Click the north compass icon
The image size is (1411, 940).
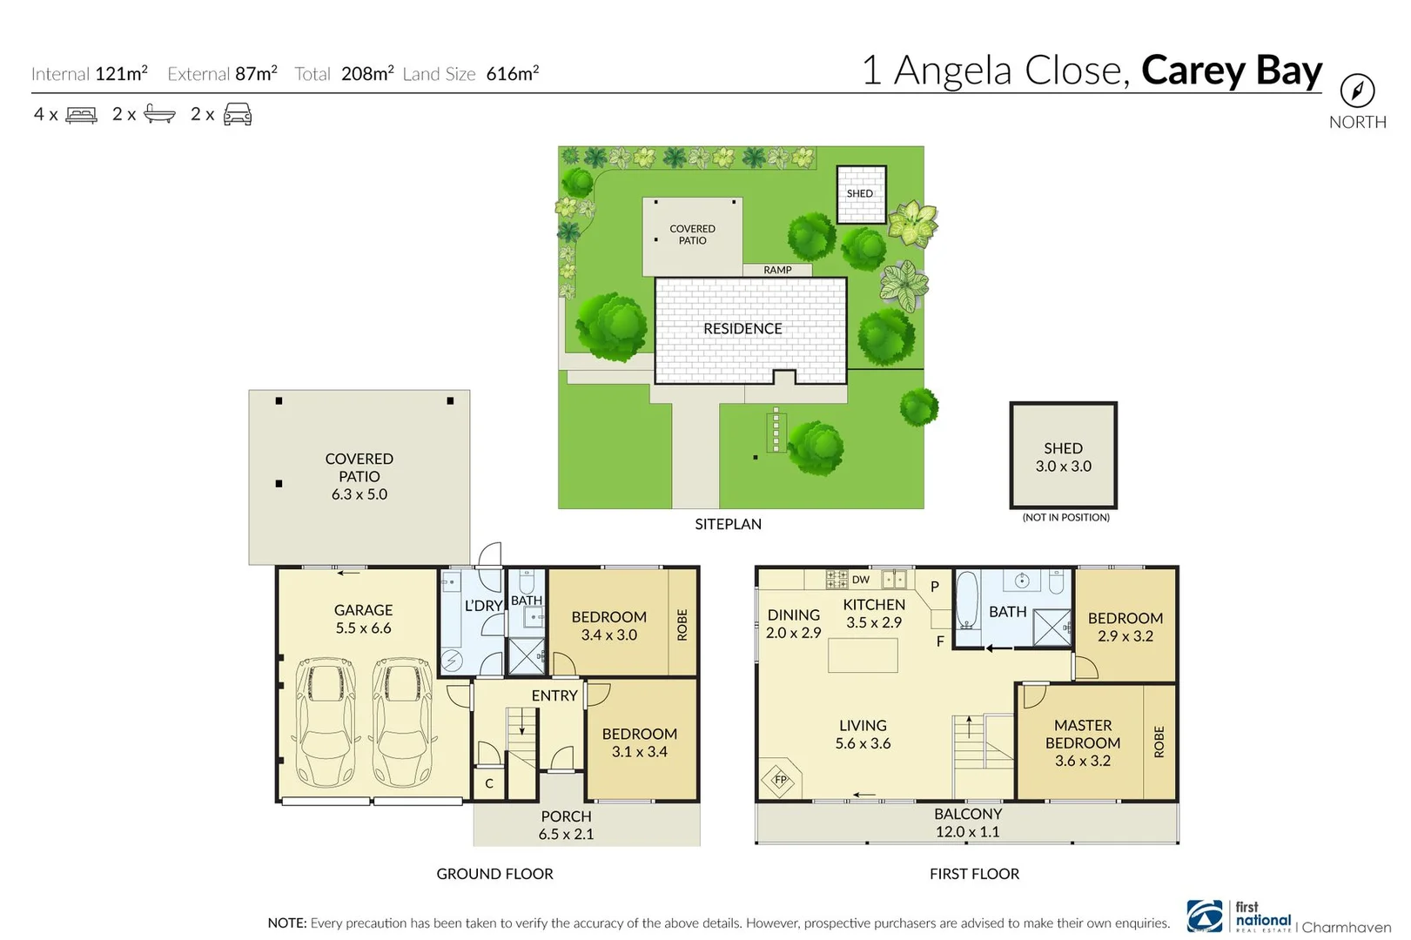[x=1356, y=90]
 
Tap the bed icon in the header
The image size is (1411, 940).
[x=81, y=115]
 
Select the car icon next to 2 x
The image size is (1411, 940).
[x=238, y=115]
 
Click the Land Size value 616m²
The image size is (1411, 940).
[x=512, y=74]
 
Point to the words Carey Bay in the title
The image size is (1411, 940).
[x=1231, y=70]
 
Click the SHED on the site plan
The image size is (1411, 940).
[x=860, y=194]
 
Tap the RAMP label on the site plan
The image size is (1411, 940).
[x=777, y=270]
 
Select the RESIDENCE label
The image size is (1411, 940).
[x=742, y=329]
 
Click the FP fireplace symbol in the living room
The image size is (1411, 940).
[x=780, y=780]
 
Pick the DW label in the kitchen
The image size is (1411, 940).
[x=860, y=580]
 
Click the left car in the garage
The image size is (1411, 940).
[x=326, y=722]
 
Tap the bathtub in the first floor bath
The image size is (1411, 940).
[x=966, y=601]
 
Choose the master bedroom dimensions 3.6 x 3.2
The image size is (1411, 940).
[x=1082, y=761]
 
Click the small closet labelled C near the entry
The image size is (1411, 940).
[x=489, y=783]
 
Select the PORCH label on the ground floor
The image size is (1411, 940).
[x=566, y=816]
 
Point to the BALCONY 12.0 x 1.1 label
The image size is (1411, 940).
[x=967, y=822]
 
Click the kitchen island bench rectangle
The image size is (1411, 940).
[x=863, y=655]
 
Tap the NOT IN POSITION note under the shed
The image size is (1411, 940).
[x=1065, y=517]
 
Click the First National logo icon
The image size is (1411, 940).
[x=1206, y=916]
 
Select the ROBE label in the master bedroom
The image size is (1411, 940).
[x=1159, y=742]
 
